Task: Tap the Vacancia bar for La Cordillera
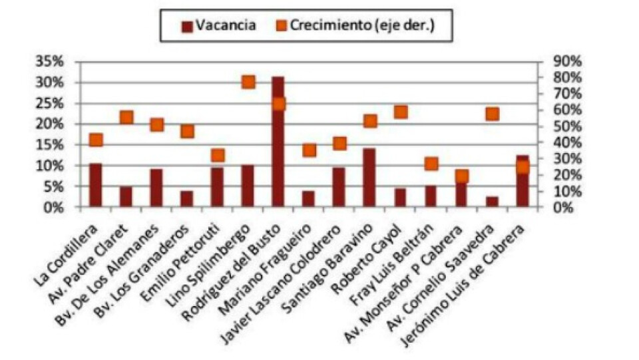(96, 185)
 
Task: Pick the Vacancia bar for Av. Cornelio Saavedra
(492, 202)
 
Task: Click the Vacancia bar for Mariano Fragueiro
(308, 199)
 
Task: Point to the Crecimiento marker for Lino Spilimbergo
(248, 82)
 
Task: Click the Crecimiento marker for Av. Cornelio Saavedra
(492, 114)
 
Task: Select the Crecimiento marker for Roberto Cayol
(400, 112)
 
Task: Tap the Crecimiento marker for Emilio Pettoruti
(218, 155)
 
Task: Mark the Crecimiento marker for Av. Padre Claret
(126, 118)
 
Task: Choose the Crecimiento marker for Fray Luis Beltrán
(431, 164)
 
